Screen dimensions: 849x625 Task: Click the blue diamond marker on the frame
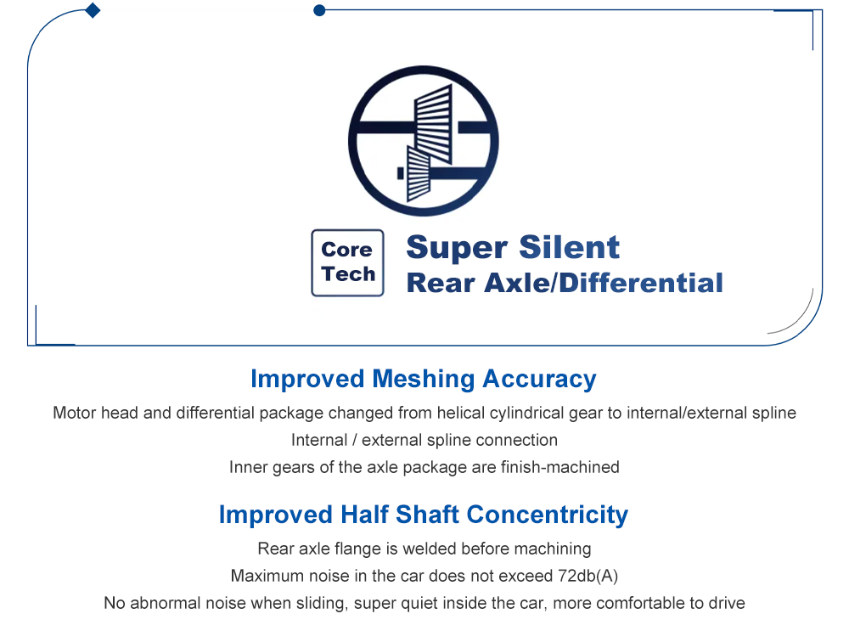(x=93, y=10)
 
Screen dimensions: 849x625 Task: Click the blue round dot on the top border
(x=319, y=10)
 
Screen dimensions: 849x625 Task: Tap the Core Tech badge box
(x=347, y=262)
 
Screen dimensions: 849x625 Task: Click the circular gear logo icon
(x=424, y=141)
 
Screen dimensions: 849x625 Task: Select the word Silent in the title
(x=569, y=247)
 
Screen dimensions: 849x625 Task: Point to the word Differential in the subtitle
(x=640, y=283)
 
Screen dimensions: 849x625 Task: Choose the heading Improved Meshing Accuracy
(x=424, y=379)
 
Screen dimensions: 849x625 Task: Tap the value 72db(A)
(x=588, y=576)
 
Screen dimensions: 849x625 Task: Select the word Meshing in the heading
(x=424, y=379)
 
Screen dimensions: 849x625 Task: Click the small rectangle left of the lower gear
(x=401, y=173)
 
